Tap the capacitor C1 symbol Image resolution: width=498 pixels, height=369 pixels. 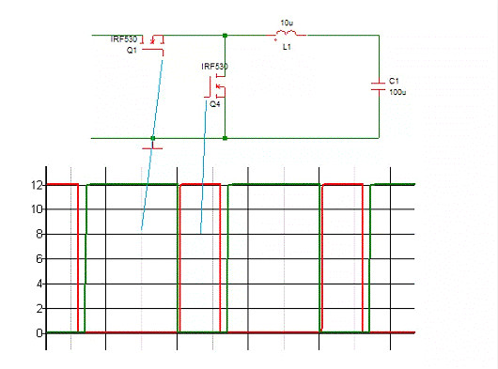378,86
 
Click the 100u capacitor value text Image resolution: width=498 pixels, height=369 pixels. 397,93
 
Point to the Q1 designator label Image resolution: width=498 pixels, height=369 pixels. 132,51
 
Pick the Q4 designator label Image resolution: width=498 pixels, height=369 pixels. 215,105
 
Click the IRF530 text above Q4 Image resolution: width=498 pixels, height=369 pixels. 214,68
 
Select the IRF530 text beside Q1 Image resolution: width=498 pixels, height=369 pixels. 124,39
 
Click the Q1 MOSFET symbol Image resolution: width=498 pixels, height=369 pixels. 157,41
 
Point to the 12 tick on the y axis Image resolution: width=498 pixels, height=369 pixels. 39,185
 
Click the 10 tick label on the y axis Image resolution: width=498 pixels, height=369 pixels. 39,209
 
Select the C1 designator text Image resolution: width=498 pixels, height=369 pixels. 395,82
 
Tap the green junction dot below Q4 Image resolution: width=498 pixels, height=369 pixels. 226,139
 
